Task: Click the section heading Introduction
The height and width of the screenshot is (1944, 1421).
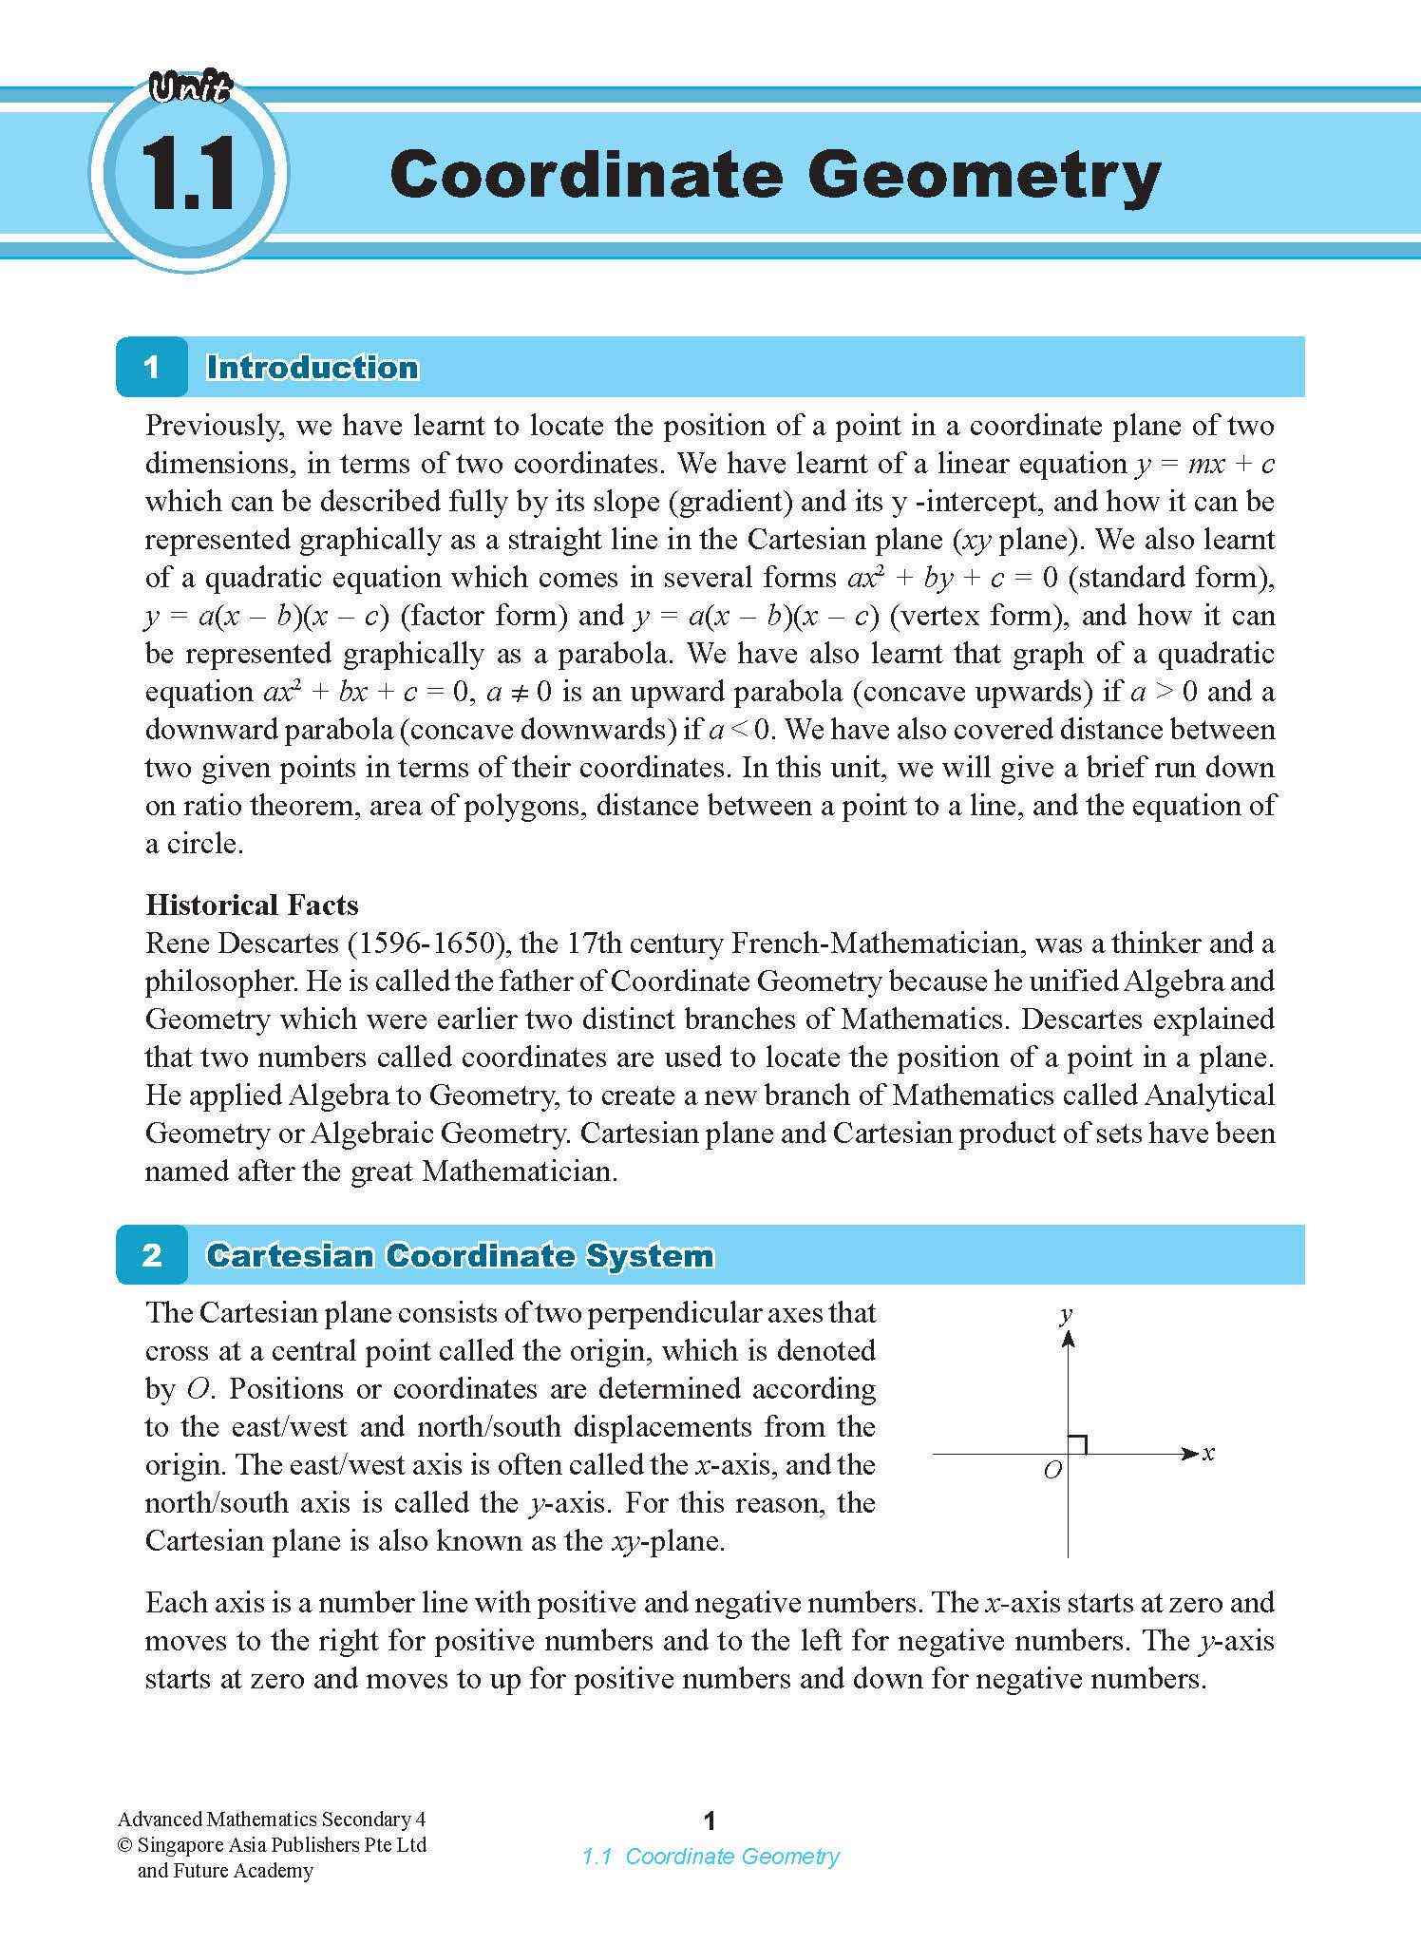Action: (x=313, y=368)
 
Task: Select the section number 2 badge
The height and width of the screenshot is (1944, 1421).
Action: (x=152, y=1255)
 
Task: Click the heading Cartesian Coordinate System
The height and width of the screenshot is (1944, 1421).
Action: (x=460, y=1255)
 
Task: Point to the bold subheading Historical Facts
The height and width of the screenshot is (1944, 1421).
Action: (x=252, y=905)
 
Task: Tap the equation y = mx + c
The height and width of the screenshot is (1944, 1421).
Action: (x=1204, y=465)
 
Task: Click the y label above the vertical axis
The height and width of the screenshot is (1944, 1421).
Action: (x=1067, y=1314)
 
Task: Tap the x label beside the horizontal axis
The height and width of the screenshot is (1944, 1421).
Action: (x=1208, y=1453)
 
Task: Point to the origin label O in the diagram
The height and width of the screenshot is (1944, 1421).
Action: (x=1052, y=1472)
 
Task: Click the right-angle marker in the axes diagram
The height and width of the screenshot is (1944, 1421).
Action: (x=1077, y=1444)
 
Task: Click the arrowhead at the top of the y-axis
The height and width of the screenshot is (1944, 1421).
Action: (x=1068, y=1339)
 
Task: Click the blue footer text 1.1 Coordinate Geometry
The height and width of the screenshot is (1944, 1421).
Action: (x=710, y=1856)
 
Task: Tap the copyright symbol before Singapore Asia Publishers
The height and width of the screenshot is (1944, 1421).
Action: (x=124, y=1845)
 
